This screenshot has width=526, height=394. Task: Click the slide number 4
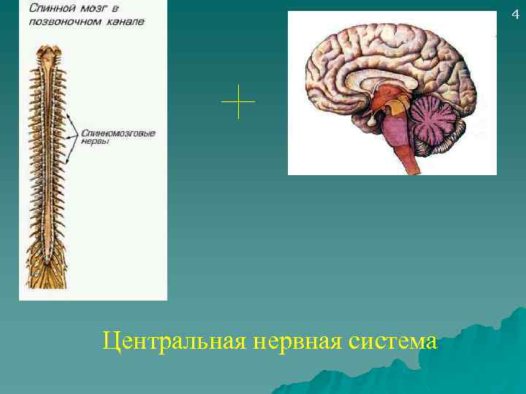tap(514, 14)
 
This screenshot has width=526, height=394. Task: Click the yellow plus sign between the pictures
tap(238, 101)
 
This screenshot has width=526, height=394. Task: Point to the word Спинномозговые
tap(118, 134)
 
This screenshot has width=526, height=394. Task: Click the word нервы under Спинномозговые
tap(96, 143)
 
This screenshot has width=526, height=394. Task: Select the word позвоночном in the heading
tap(64, 21)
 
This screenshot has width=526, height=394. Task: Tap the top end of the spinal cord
tap(50, 53)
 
